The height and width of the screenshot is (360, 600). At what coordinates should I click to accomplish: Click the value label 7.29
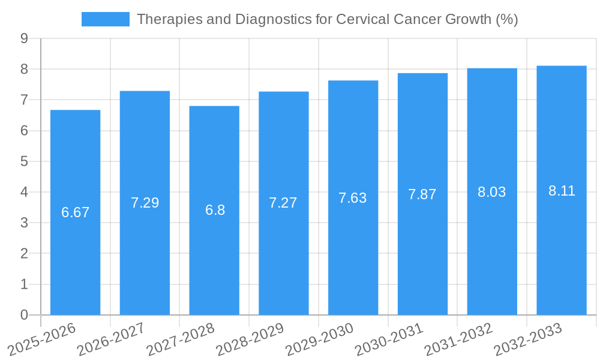[x=145, y=203]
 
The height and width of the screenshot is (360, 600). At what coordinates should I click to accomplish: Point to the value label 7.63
[x=353, y=198]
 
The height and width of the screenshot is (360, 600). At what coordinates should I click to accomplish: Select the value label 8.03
[x=492, y=192]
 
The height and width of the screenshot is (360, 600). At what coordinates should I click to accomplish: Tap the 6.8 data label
[x=214, y=210]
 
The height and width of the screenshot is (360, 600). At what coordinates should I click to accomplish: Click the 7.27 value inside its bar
[x=283, y=203]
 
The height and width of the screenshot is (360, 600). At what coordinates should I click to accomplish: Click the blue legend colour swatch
[x=106, y=19]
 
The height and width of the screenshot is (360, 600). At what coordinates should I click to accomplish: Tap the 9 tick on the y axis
[x=24, y=38]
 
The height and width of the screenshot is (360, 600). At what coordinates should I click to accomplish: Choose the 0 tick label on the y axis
[x=24, y=315]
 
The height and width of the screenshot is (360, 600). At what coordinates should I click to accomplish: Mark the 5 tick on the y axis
[x=24, y=161]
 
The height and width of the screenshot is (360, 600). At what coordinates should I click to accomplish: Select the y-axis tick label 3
[x=24, y=223]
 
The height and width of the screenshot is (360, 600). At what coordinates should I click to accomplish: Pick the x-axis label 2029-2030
[x=320, y=339]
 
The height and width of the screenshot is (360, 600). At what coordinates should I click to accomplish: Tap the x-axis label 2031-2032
[x=459, y=339]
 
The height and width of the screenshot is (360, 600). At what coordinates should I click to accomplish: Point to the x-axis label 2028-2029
[x=250, y=339]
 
